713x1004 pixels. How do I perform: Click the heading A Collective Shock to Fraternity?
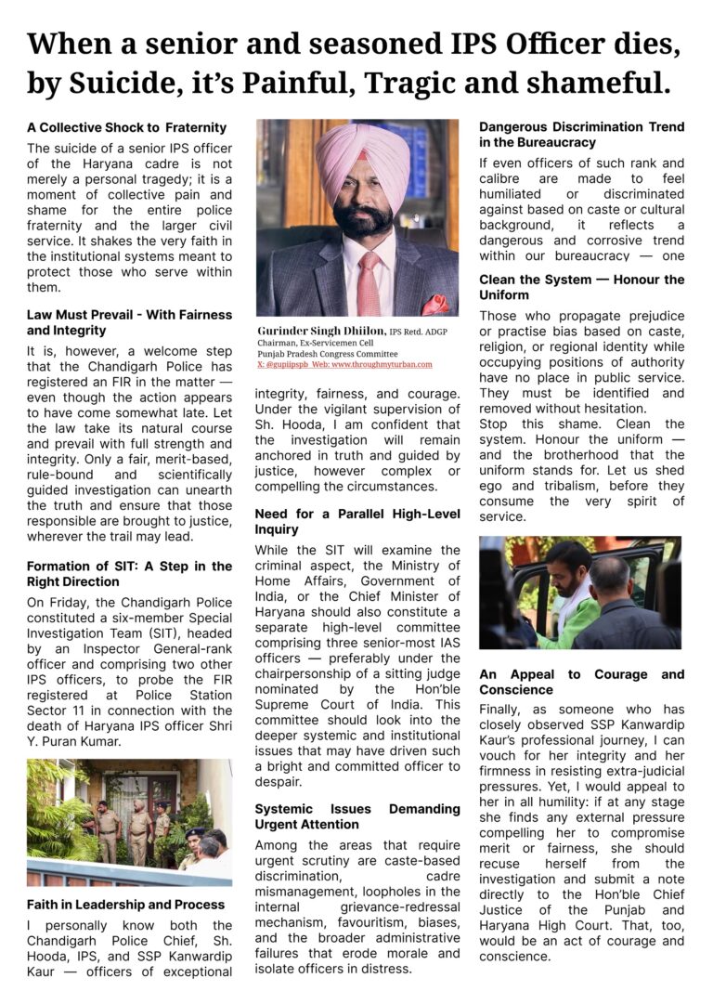coord(126,127)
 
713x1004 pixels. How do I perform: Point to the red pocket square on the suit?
coord(434,304)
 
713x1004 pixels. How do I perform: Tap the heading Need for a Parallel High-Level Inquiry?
coord(356,520)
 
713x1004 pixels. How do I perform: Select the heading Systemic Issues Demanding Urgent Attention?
coord(356,817)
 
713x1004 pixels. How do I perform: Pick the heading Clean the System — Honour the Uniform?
coord(581,287)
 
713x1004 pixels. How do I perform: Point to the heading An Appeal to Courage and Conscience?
coord(581,682)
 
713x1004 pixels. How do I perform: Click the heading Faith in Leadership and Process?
coord(125,904)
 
